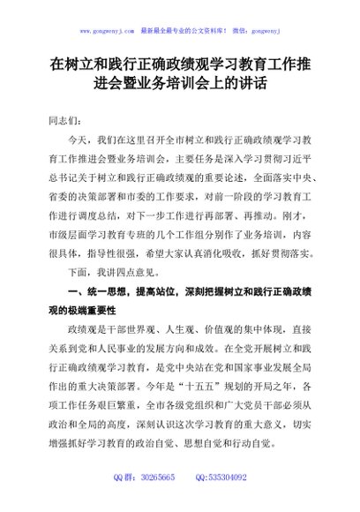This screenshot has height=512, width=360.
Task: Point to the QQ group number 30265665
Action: [154, 478]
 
